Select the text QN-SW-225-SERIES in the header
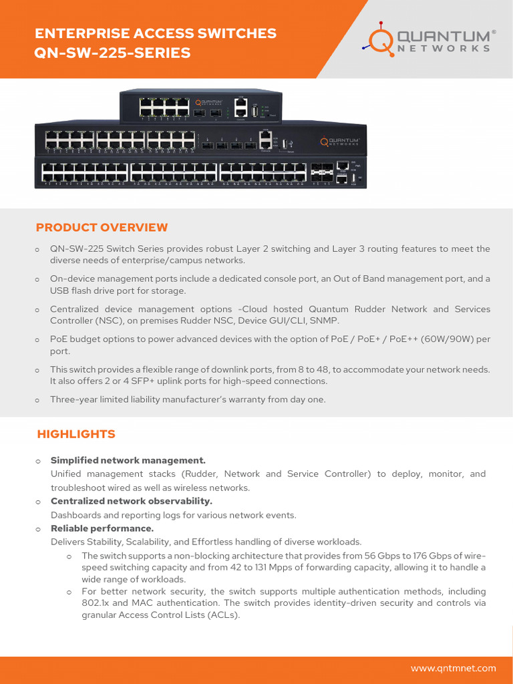pos(112,52)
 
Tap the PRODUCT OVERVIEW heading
pos(102,228)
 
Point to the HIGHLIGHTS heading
pos(76,434)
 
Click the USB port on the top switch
pos(254,112)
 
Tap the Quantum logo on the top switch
pos(211,103)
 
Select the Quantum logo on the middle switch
pos(341,141)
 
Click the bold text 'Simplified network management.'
pos(128,460)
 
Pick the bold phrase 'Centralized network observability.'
pos(132,501)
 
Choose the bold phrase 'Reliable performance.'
pos(102,528)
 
